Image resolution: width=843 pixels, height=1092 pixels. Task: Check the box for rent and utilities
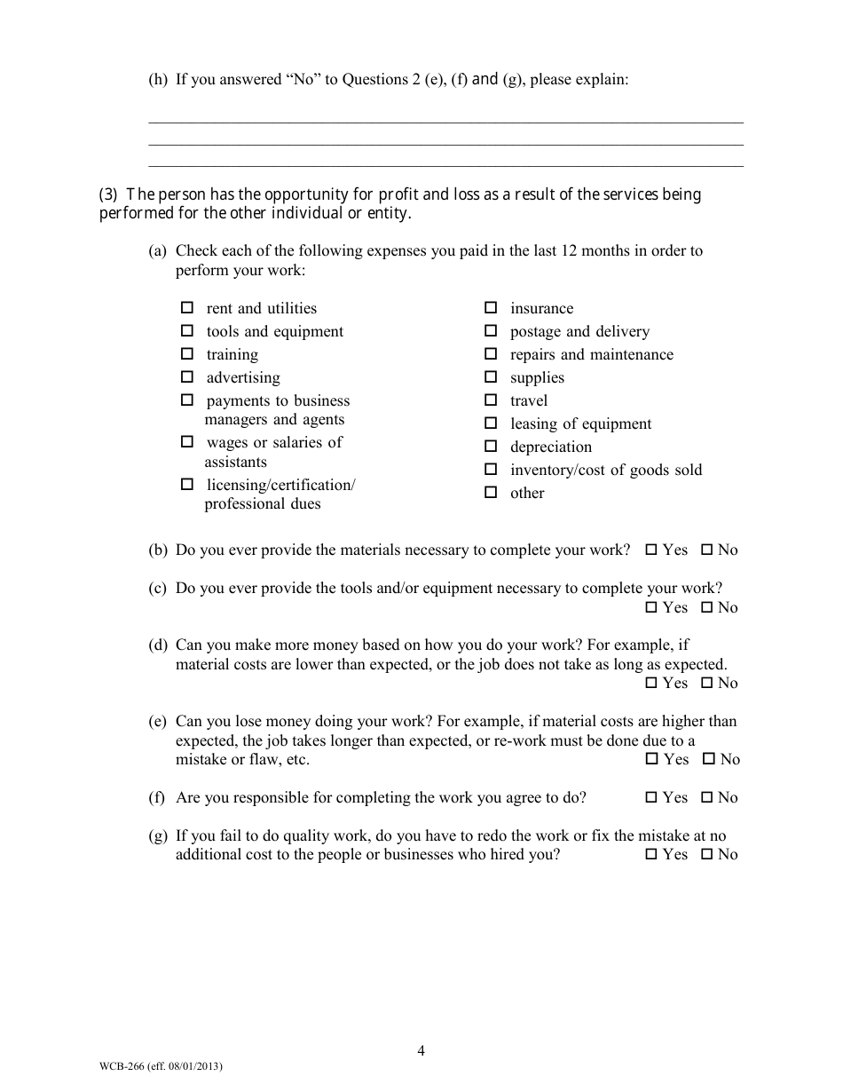pyautogui.click(x=187, y=308)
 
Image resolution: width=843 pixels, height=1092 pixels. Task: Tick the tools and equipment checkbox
pyautogui.click(x=187, y=331)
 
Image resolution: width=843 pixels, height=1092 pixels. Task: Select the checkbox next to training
pyautogui.click(x=187, y=354)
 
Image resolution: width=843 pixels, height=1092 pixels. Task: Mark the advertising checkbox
pyautogui.click(x=187, y=377)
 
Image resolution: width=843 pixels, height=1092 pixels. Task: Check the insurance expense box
pyautogui.click(x=491, y=308)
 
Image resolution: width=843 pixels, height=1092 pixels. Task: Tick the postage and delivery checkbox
pyautogui.click(x=491, y=331)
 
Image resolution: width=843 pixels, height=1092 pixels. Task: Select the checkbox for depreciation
pyautogui.click(x=491, y=447)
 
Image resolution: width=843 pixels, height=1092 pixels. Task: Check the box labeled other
pyautogui.click(x=491, y=493)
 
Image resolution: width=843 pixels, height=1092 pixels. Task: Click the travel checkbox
pyautogui.click(x=491, y=400)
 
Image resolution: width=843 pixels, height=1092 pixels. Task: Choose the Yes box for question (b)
pyautogui.click(x=650, y=550)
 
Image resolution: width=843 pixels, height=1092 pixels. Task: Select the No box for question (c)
pyautogui.click(x=706, y=607)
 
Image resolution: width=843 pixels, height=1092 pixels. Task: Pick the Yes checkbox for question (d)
pyautogui.click(x=650, y=683)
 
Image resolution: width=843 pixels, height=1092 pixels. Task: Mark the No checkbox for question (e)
pyautogui.click(x=708, y=759)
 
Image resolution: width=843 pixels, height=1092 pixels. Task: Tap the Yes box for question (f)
pyautogui.click(x=650, y=797)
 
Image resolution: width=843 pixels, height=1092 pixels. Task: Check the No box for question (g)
pyautogui.click(x=706, y=854)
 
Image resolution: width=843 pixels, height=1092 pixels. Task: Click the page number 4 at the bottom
pyautogui.click(x=421, y=1051)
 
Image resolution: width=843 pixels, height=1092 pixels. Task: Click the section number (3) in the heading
pyautogui.click(x=107, y=194)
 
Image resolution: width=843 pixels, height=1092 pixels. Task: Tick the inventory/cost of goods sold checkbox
pyautogui.click(x=491, y=470)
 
